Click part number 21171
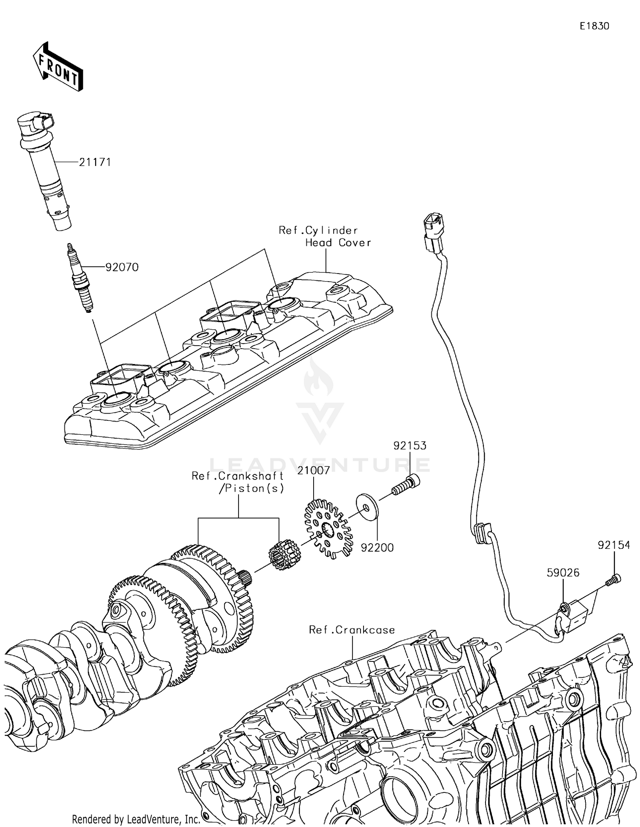(95, 162)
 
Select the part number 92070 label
(122, 267)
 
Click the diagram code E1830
(594, 26)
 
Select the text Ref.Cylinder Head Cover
(325, 236)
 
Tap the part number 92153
(410, 446)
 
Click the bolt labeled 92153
(405, 486)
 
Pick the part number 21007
(314, 470)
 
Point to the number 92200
(377, 547)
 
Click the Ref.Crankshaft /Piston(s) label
(238, 482)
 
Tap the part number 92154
(614, 545)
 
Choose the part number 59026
(563, 573)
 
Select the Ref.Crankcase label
(352, 630)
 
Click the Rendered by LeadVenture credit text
(136, 819)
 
